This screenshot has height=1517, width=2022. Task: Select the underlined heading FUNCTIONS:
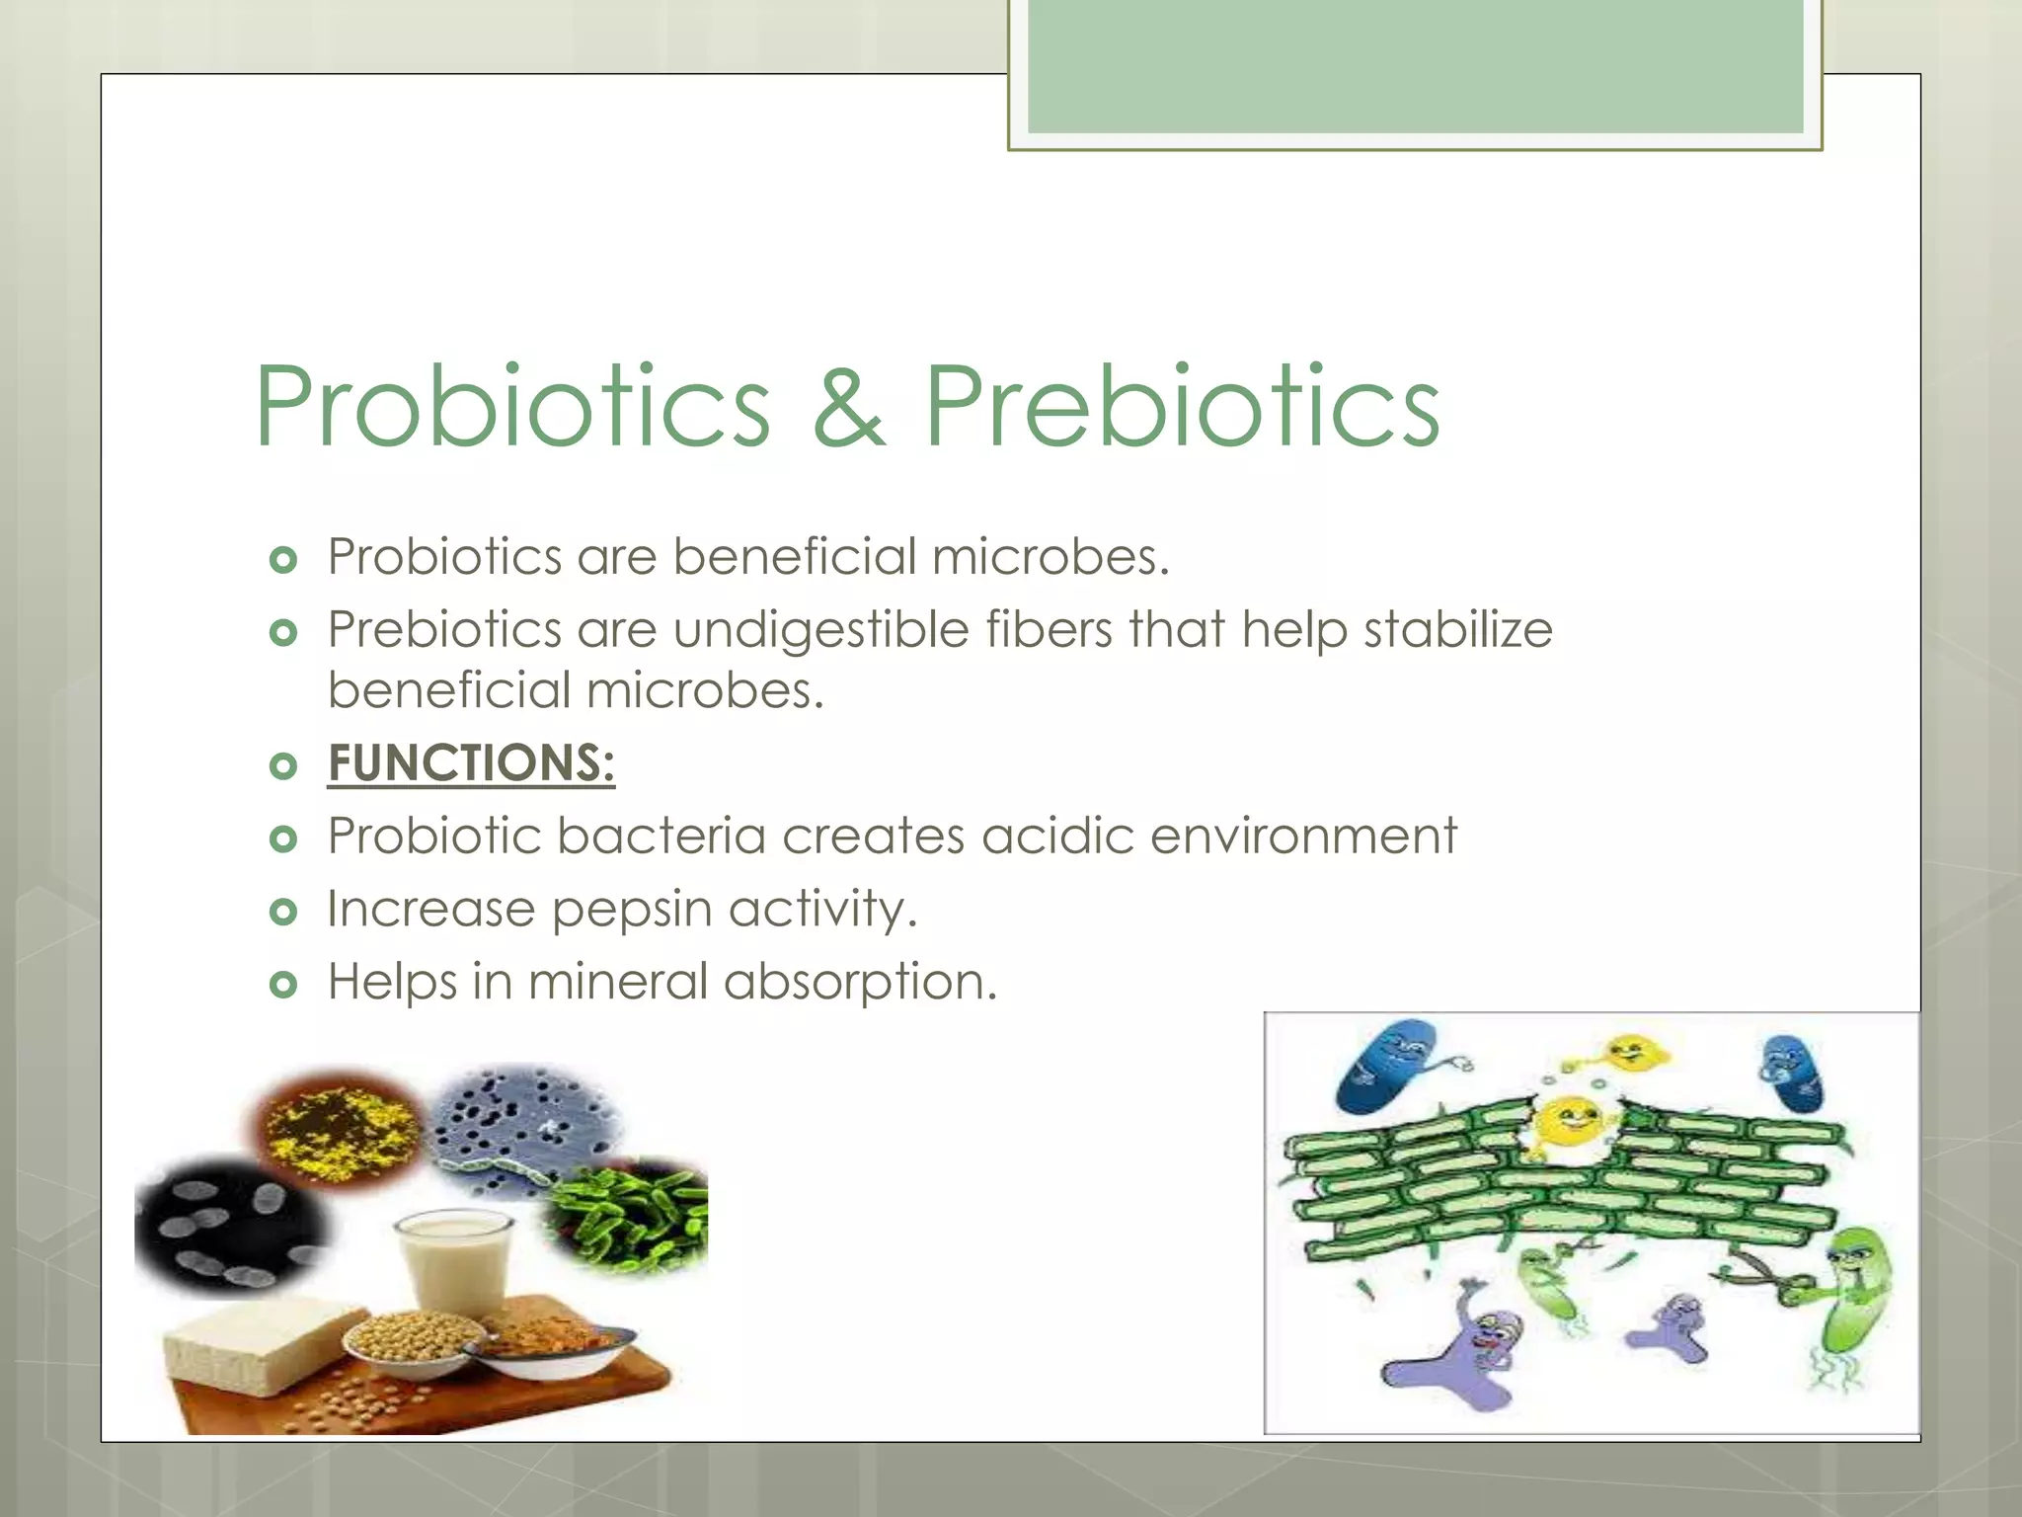point(471,763)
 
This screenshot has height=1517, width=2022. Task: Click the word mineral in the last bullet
point(617,982)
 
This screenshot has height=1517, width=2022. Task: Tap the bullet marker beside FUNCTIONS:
point(283,765)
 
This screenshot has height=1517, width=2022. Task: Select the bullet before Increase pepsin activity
point(283,911)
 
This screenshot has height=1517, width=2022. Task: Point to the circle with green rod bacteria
point(632,1215)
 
